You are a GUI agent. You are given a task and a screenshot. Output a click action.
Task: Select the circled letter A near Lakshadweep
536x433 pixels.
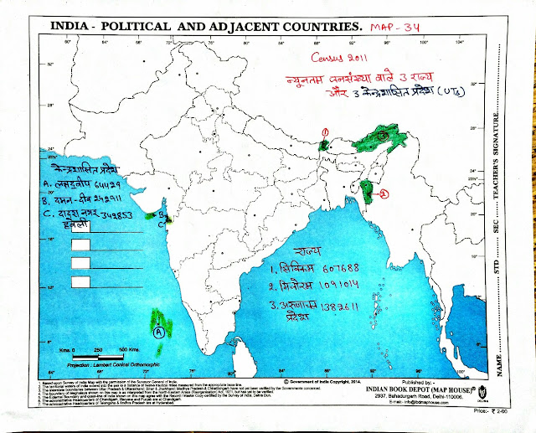[x=157, y=332]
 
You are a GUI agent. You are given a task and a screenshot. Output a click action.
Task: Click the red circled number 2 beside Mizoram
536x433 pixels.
[x=384, y=194]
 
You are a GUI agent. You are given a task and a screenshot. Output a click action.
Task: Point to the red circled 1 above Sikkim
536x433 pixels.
[x=324, y=131]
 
